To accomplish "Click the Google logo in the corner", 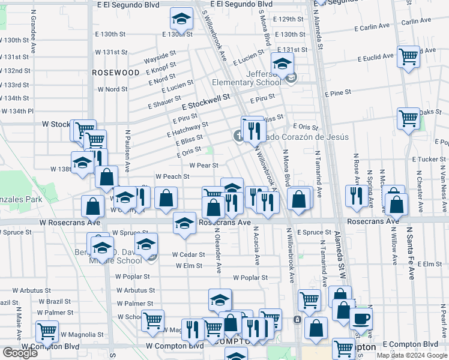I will pyautogui.click(x=20, y=352).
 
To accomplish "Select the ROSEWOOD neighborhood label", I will pyautogui.click(x=116, y=72).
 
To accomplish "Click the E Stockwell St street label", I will pyautogui.click(x=206, y=100).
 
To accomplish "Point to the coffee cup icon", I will pyautogui.click(x=361, y=319).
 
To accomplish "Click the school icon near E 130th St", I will pyautogui.click(x=181, y=20).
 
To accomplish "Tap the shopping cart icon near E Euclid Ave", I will pyautogui.click(x=409, y=57).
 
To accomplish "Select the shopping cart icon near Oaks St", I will pyautogui.click(x=408, y=118).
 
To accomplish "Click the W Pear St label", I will pyautogui.click(x=203, y=165).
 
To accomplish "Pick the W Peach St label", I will pyautogui.click(x=172, y=176).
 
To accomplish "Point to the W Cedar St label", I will pyautogui.click(x=188, y=254).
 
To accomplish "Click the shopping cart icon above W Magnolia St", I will pyautogui.click(x=152, y=321).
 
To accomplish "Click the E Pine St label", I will pyautogui.click(x=338, y=94).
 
